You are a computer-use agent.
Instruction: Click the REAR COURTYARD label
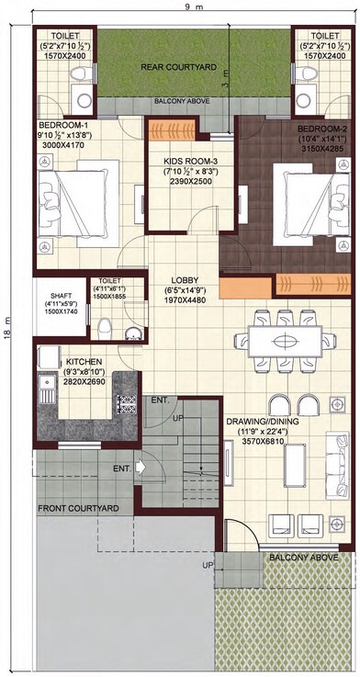pos(177,67)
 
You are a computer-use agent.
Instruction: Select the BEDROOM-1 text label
pos(62,125)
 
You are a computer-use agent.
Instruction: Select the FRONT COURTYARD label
pos(78,508)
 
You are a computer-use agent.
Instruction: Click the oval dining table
pos(286,338)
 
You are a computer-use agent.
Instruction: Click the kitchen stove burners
pos(126,402)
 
